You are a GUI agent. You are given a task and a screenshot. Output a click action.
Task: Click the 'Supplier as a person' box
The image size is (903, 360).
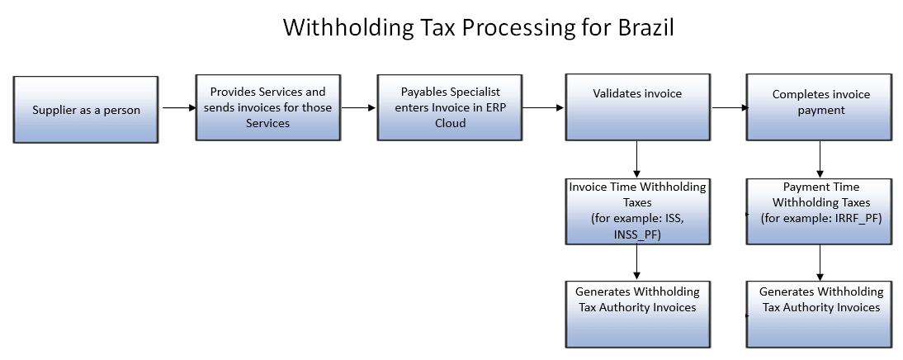86,109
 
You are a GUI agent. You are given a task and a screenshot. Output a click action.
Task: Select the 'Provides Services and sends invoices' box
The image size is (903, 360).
267,107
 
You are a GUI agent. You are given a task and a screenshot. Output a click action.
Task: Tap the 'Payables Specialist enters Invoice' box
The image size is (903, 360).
450,107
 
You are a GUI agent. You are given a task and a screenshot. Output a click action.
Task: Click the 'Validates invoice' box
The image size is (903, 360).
637,107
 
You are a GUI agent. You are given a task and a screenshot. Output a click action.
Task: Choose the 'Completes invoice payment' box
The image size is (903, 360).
820,107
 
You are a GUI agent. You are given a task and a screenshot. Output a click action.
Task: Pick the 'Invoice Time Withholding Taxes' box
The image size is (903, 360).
637,211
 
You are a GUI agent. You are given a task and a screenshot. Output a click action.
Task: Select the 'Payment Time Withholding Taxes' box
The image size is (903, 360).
820,211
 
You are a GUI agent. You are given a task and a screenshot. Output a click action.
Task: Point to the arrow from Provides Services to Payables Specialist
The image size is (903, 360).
357,107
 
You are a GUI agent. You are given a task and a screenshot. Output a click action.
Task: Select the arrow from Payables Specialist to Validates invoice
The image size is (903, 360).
542,107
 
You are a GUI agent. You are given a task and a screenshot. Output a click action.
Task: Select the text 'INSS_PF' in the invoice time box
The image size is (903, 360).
637,233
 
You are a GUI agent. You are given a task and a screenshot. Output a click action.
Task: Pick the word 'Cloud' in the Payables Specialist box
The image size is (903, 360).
450,122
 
